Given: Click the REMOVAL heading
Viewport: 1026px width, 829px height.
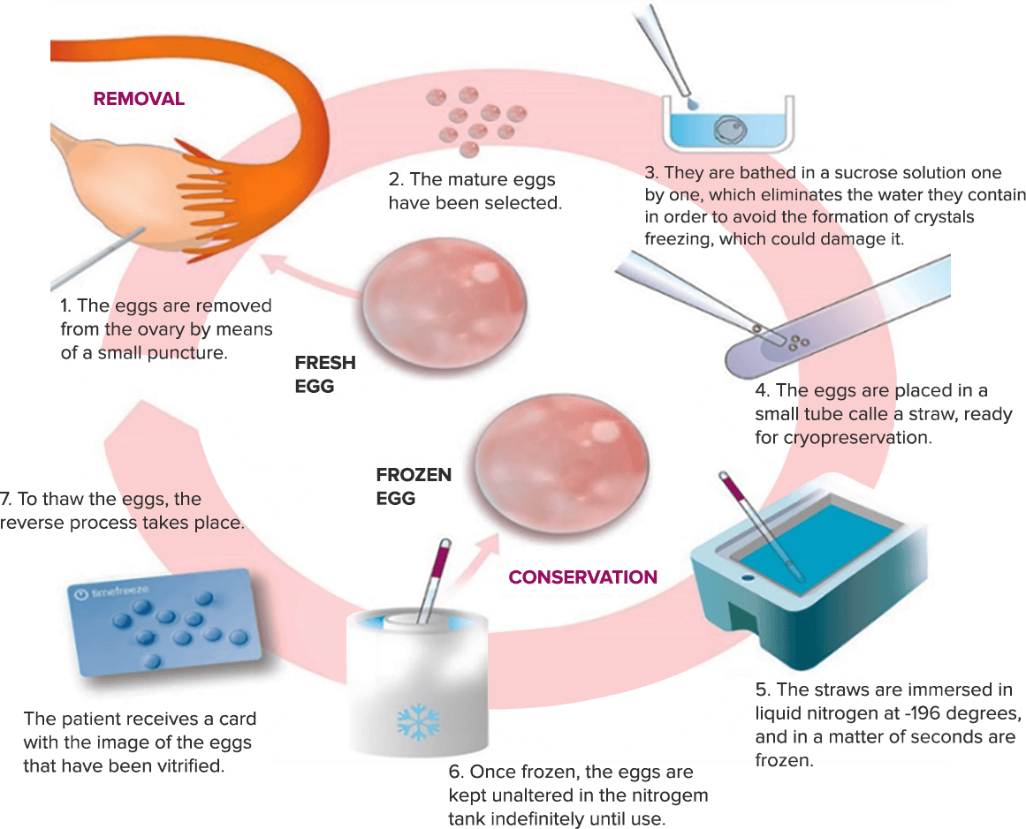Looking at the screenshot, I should pos(139,99).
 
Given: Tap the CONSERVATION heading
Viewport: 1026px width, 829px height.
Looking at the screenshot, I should pos(582,577).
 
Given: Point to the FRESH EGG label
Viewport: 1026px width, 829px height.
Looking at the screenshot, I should pos(324,373).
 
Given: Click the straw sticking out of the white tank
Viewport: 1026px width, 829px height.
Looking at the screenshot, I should pos(436,574).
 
